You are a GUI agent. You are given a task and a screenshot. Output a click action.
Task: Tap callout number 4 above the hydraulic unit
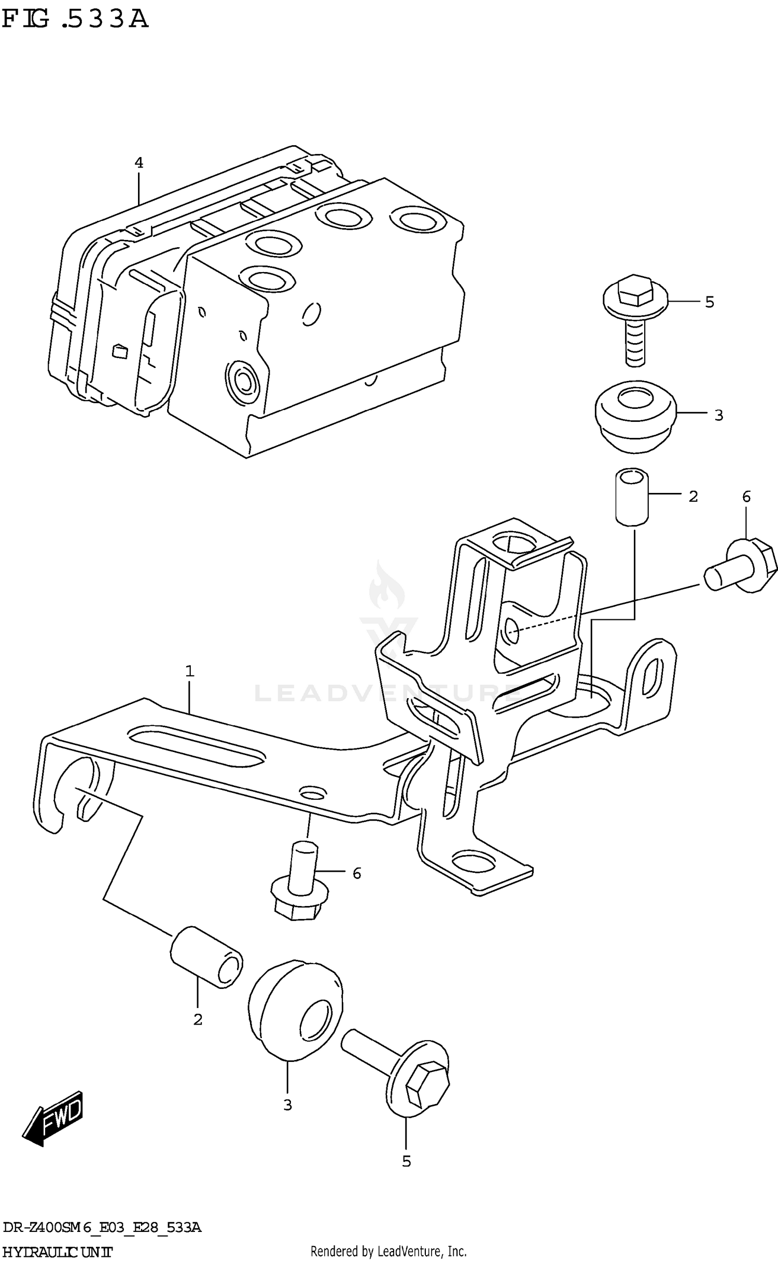tap(138, 163)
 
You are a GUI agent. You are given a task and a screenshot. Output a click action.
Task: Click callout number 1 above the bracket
tap(190, 672)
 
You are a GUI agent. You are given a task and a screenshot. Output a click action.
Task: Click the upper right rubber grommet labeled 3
tap(635, 415)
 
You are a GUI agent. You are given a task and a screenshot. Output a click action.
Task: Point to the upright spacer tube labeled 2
tap(632, 497)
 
